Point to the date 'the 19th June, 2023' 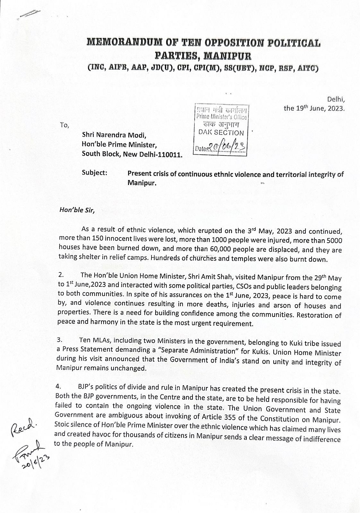click(x=314, y=108)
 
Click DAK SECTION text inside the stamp click(x=221, y=133)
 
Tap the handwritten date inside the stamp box click(x=227, y=148)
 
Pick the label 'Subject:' click(x=94, y=172)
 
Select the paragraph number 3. click(x=59, y=342)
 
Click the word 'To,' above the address click(x=64, y=125)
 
